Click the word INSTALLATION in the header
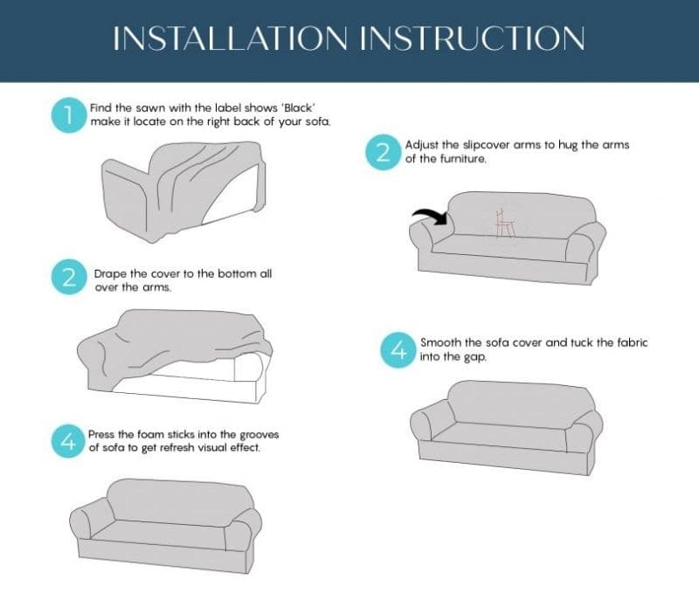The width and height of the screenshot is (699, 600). [x=230, y=38]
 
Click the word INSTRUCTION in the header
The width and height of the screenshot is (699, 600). [x=473, y=38]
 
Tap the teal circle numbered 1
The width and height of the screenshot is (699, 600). [x=69, y=115]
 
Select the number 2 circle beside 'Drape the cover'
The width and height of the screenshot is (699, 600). [x=69, y=277]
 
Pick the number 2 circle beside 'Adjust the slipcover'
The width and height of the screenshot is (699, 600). [x=384, y=152]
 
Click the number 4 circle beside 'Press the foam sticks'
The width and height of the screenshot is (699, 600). [x=68, y=441]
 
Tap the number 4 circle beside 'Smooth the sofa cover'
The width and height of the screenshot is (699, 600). [x=398, y=350]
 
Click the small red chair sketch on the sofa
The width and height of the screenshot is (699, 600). [x=506, y=224]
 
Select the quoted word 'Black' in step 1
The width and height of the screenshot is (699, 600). [x=299, y=107]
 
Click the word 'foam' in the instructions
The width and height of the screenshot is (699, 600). [x=151, y=434]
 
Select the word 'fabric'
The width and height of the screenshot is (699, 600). [x=632, y=342]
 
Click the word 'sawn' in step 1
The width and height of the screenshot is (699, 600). [x=150, y=108]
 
